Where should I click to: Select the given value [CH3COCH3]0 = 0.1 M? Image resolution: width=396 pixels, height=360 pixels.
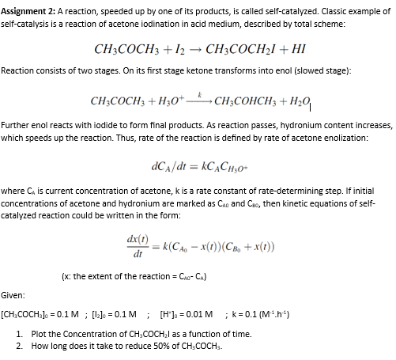[50, 310]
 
